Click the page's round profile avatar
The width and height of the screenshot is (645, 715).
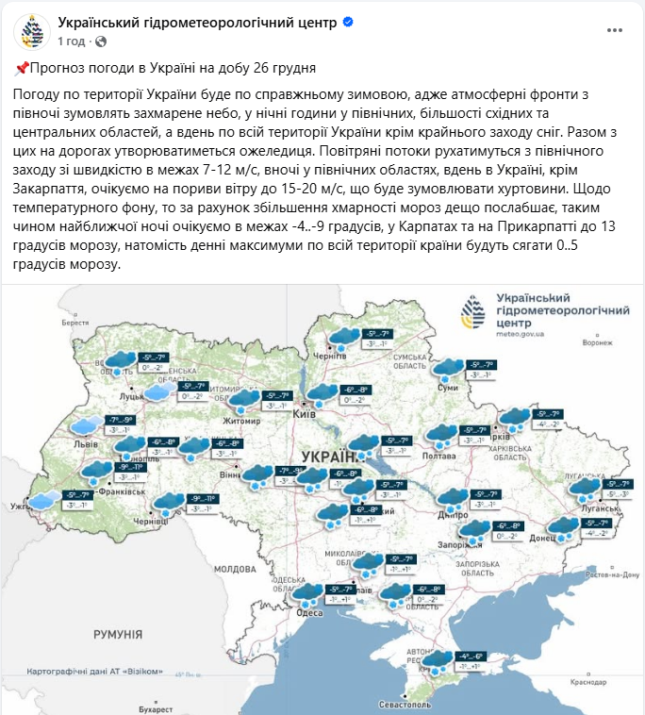pos(31,31)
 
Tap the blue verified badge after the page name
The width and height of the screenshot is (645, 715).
pos(348,23)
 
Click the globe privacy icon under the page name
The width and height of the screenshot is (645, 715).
pos(101,42)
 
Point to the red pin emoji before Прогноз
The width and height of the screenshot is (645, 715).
pos(23,68)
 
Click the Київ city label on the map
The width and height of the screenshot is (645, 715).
pos(305,415)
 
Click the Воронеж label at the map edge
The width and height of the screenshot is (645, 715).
pos(597,342)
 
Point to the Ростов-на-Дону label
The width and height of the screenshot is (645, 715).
pos(612,574)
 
